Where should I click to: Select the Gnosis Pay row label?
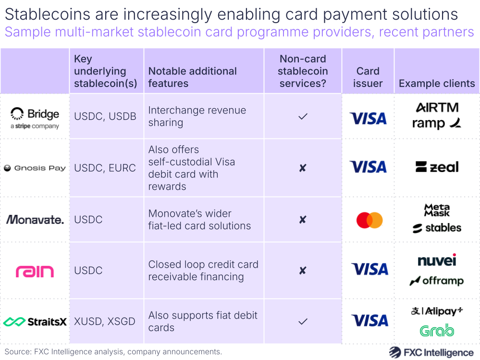[x=35, y=168]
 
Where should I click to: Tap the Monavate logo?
[x=35, y=220]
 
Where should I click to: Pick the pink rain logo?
[x=35, y=271]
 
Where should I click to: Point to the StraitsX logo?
[x=35, y=322]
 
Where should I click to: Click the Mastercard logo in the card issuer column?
[x=369, y=220]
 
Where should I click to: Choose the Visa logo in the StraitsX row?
[x=369, y=321]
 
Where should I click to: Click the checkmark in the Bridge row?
[x=303, y=117]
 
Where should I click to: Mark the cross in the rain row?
[x=303, y=271]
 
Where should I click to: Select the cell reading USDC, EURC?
[x=105, y=168]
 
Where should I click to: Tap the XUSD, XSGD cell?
[x=105, y=322]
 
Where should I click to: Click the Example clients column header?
[x=436, y=84]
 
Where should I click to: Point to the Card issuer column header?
[x=368, y=77]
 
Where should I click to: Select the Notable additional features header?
[x=192, y=77]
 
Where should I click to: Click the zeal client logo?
[x=437, y=167]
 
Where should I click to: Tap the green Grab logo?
[x=437, y=331]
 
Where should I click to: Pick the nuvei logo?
[x=437, y=261]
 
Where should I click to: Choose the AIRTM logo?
[x=437, y=107]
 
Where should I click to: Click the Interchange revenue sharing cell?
[x=197, y=116]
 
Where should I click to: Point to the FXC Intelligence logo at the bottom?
[x=431, y=352]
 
